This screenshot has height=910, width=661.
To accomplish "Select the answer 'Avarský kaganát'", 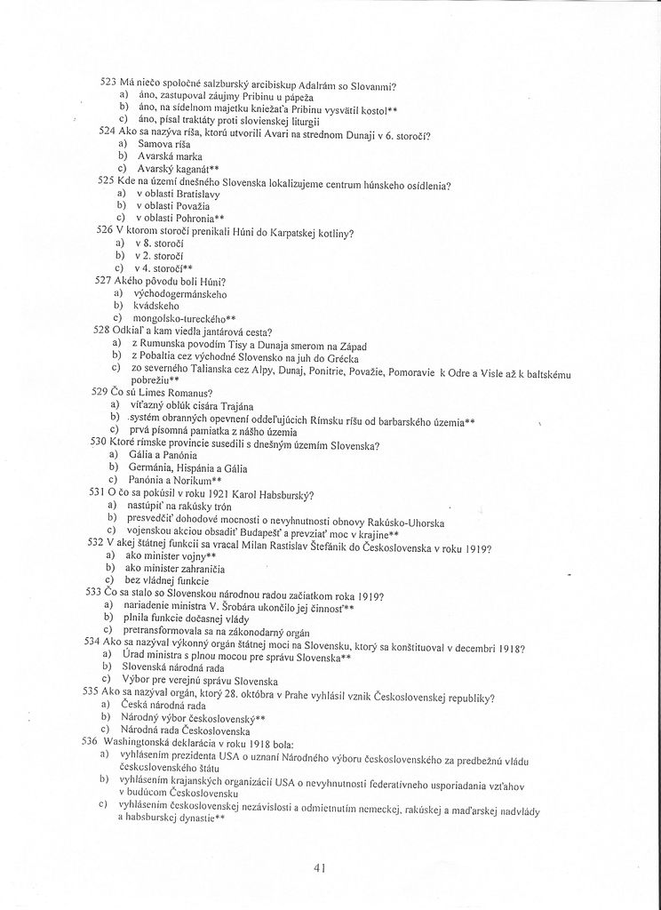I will (179, 168).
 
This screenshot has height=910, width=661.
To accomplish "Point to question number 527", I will (104, 279).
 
